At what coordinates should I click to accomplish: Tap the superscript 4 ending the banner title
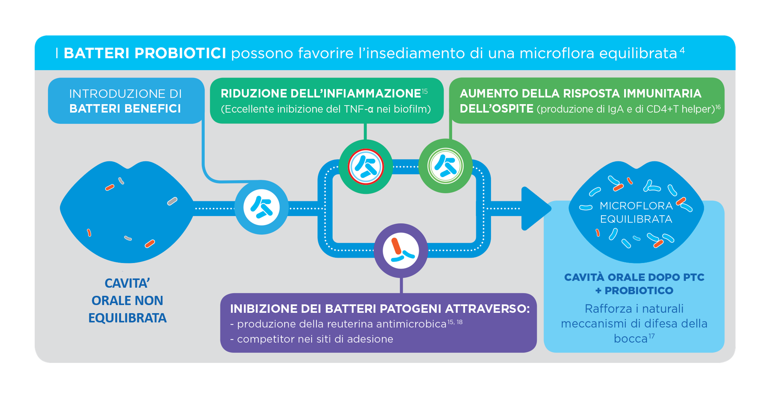point(682,50)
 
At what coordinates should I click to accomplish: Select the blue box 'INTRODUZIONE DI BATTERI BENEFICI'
point(126,101)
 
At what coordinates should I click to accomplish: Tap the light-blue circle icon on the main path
point(261,207)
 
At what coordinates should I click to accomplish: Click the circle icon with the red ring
point(365,167)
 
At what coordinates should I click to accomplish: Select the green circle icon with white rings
point(445,166)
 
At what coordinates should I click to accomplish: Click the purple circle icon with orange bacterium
point(401,250)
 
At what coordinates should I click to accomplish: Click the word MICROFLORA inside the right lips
point(636,206)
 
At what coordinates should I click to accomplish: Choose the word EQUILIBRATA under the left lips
point(127,318)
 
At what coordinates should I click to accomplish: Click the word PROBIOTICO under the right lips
point(639,291)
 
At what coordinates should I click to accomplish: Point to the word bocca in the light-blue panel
point(631,339)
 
